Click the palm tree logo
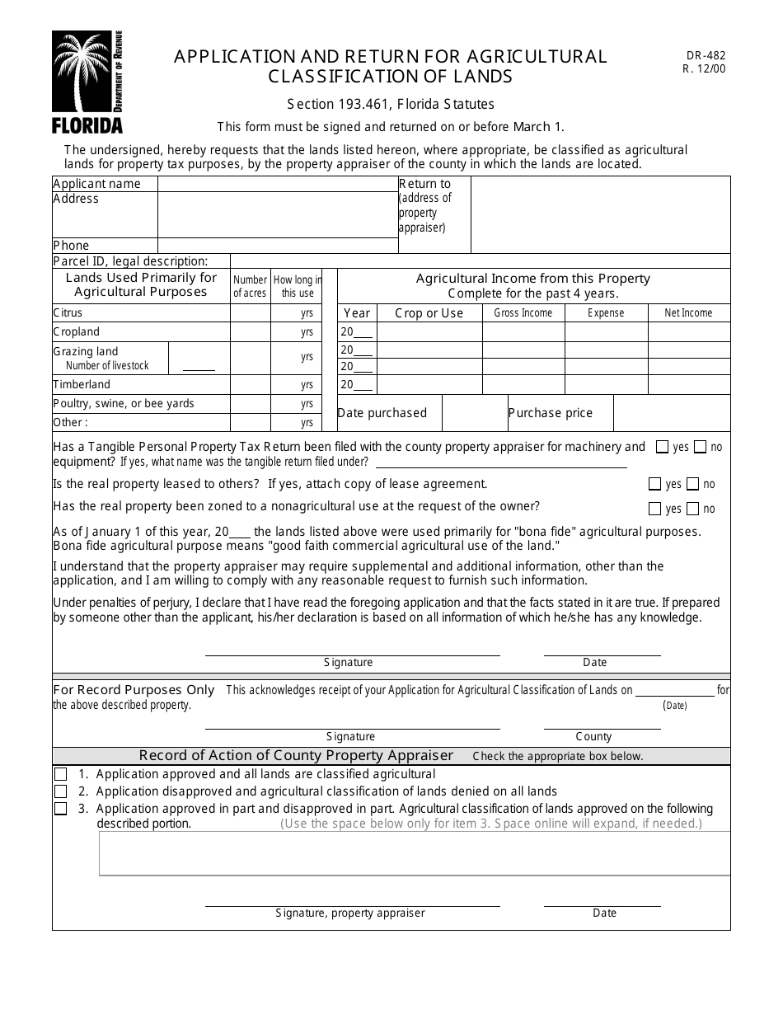point(80,72)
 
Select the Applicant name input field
point(277,184)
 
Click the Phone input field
point(277,246)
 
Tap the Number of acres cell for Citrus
point(250,313)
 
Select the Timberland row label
point(82,385)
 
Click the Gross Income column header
point(523,313)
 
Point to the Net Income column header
point(688,313)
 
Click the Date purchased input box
point(474,413)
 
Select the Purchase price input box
point(671,413)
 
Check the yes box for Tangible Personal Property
point(662,448)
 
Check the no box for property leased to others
point(692,485)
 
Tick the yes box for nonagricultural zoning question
point(655,509)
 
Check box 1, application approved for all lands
point(61,775)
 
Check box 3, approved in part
point(61,810)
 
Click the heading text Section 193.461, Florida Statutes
point(391,105)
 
